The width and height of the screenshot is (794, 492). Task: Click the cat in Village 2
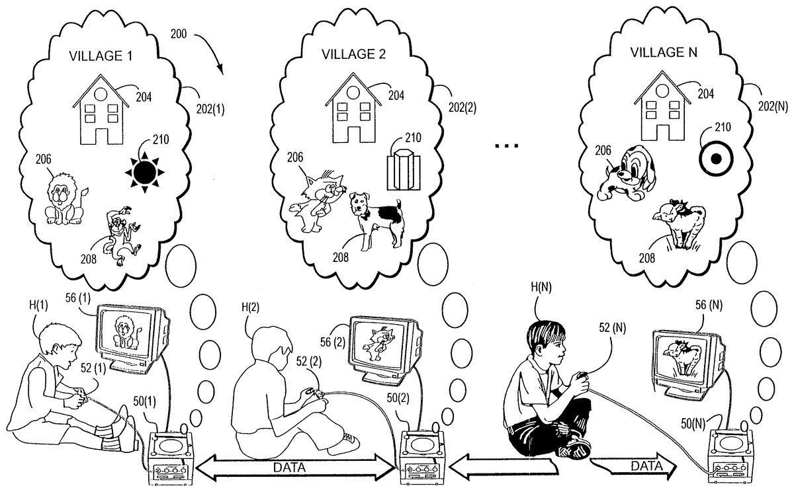click(x=316, y=202)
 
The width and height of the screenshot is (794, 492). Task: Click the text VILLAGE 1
click(x=101, y=56)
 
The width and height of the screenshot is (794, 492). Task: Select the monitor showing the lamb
click(x=687, y=357)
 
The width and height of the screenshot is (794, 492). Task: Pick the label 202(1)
click(x=210, y=110)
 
